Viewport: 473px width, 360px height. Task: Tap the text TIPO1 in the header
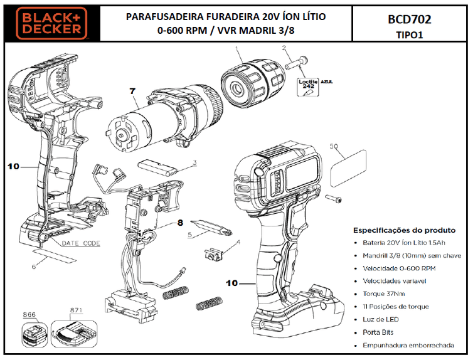pos(409,35)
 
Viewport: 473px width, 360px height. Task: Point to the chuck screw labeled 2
pos(296,63)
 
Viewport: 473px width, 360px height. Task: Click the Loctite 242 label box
pos(308,86)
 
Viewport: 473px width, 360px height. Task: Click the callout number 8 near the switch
pos(180,221)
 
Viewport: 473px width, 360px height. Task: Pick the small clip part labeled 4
pos(214,253)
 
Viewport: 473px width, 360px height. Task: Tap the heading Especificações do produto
pos(404,230)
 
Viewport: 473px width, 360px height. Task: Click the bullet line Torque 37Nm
pos(383,294)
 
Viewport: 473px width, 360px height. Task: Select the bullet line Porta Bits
pos(378,332)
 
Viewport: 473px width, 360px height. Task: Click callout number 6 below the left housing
pos(35,267)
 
